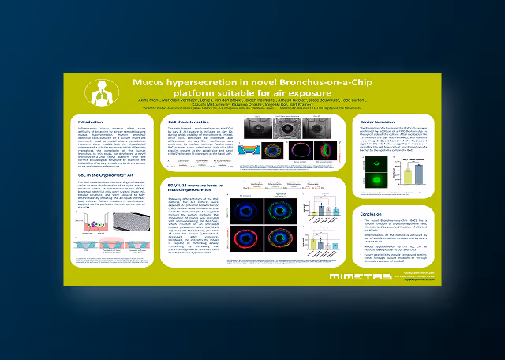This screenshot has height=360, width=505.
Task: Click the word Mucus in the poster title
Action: pos(151,81)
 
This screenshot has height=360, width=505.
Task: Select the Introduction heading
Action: pos(92,122)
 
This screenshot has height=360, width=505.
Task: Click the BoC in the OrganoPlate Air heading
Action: pos(109,176)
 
